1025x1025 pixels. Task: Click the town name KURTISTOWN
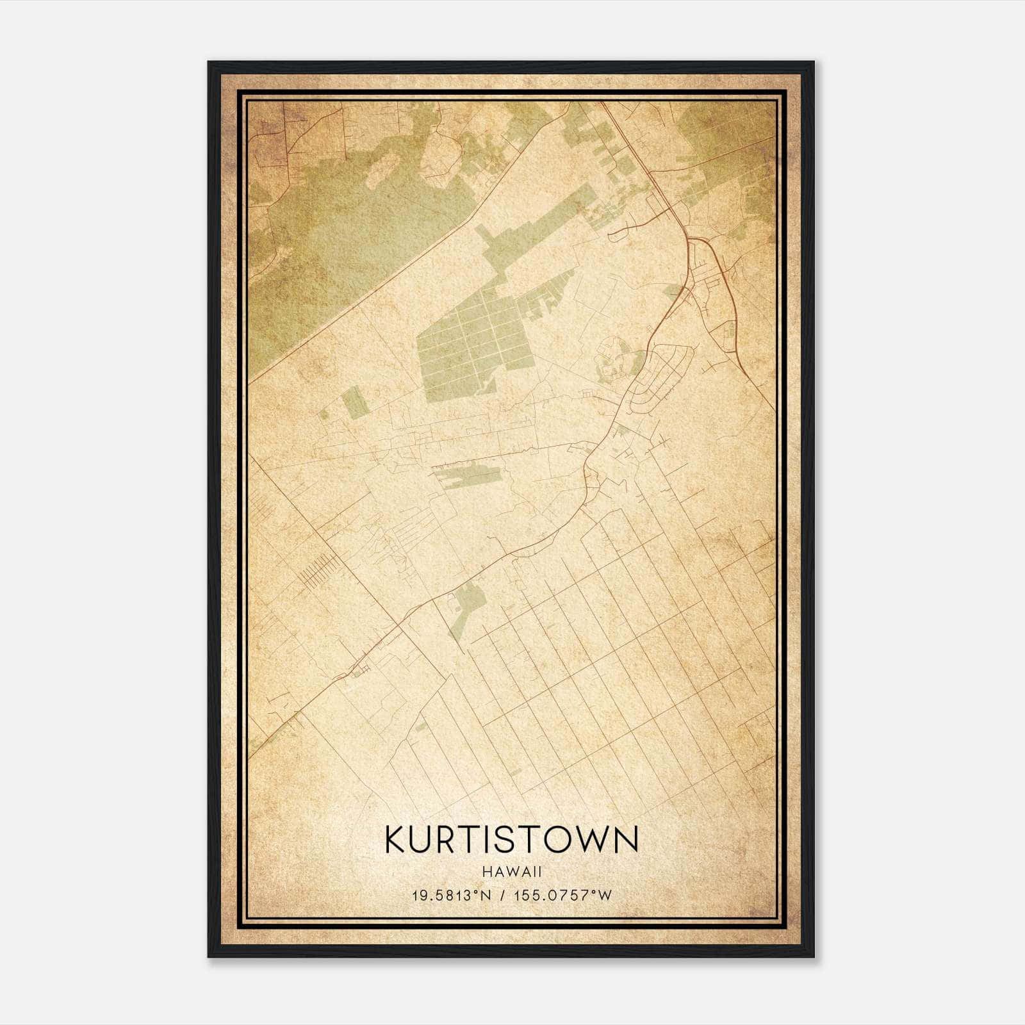click(512, 840)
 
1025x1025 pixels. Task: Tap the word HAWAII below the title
click(512, 872)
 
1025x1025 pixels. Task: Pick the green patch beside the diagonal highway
click(468, 605)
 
